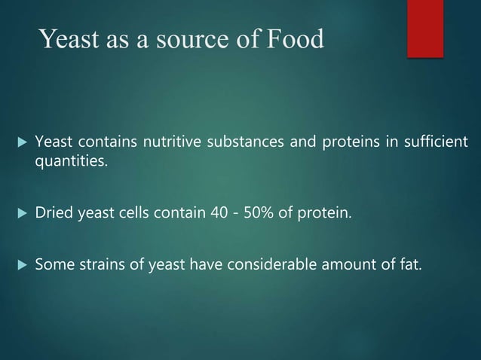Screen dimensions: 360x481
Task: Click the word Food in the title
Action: click(297, 38)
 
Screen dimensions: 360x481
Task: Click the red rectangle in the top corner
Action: click(424, 28)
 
